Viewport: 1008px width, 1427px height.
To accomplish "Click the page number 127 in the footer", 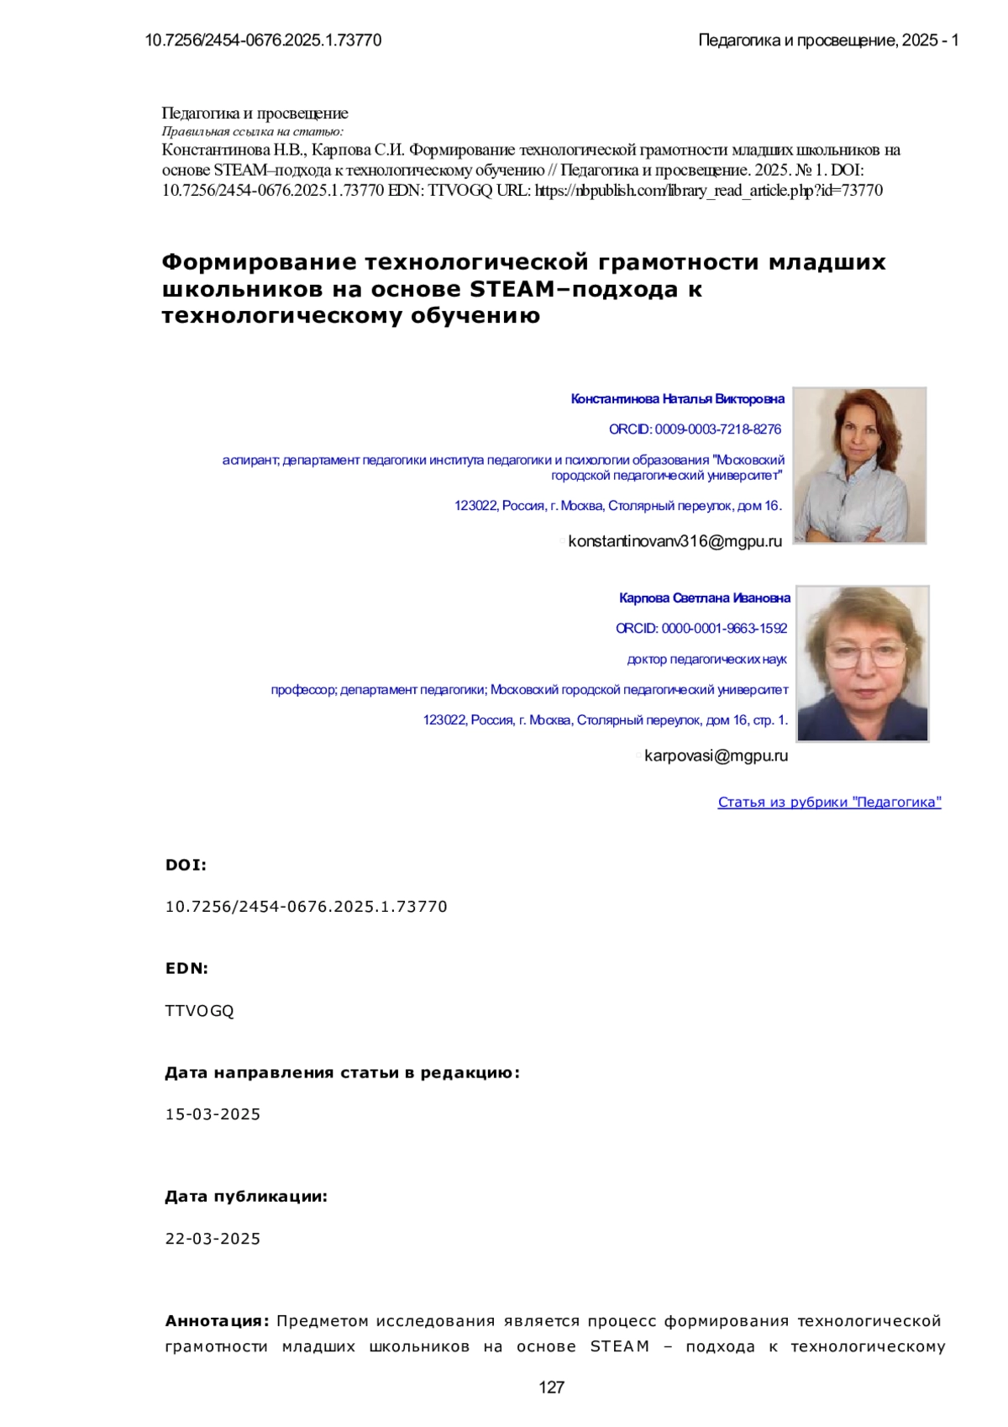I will tap(551, 1388).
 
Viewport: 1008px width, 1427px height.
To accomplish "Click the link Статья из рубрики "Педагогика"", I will tap(829, 802).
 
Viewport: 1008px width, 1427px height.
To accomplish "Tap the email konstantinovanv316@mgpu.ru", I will tap(675, 541).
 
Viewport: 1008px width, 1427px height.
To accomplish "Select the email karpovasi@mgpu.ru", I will tap(716, 756).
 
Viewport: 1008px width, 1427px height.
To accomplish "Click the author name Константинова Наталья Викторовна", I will tap(677, 398).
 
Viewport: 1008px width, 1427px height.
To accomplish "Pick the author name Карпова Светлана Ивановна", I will tap(704, 598).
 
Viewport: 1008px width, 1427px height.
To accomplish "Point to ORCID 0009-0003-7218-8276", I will tap(695, 429).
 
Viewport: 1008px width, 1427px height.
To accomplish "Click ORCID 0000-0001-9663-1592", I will tap(701, 628).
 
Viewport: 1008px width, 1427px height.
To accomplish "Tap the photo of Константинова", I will tap(859, 465).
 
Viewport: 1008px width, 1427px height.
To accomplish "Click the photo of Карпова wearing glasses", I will tap(862, 663).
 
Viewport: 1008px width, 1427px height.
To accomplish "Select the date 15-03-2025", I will tap(213, 1114).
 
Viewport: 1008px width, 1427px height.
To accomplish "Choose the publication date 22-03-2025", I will tap(213, 1239).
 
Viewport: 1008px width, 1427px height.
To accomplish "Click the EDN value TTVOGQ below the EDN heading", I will tap(200, 1011).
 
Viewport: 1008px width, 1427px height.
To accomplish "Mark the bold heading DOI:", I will tap(186, 865).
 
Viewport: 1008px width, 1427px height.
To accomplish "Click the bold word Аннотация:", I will tap(217, 1321).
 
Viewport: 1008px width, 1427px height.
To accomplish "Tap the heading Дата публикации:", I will tap(246, 1196).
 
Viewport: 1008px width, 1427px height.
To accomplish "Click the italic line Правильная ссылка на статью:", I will tap(252, 131).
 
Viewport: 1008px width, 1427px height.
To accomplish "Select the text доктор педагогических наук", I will tap(706, 659).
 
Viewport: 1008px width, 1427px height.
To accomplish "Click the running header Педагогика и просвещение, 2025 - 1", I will tap(828, 40).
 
